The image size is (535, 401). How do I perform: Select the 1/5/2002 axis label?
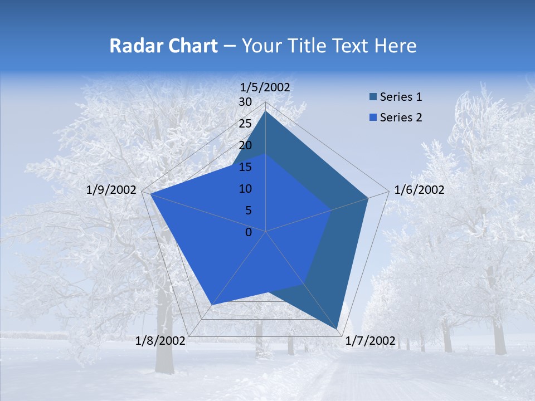tap(265, 87)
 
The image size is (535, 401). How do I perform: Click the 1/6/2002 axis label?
tap(419, 190)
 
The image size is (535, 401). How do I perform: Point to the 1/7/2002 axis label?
tap(371, 341)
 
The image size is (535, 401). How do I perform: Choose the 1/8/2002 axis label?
tap(160, 341)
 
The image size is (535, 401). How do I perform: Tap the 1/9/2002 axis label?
tap(111, 190)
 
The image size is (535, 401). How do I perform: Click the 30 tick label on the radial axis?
tap(245, 102)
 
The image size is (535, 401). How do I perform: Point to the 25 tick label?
tap(245, 124)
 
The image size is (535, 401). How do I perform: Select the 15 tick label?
tap(245, 167)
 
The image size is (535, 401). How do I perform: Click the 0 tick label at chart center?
tap(249, 232)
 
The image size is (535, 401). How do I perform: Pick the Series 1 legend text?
tap(401, 97)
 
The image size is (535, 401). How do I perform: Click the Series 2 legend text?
tap(401, 118)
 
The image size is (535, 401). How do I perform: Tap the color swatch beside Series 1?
tap(373, 97)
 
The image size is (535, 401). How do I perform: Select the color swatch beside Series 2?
tap(373, 118)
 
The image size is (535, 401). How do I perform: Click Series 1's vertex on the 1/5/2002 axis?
tap(266, 111)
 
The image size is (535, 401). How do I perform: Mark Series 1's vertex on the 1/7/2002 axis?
tap(338, 330)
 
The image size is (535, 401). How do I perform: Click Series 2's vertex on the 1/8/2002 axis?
tap(211, 305)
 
